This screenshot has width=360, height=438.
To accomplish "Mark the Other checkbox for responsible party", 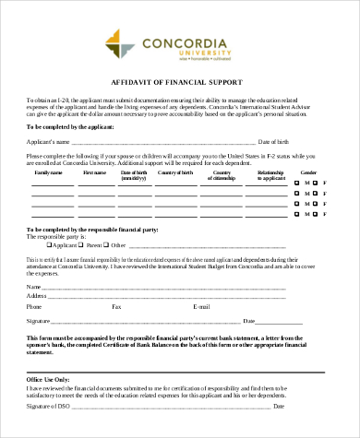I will coord(107,220).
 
